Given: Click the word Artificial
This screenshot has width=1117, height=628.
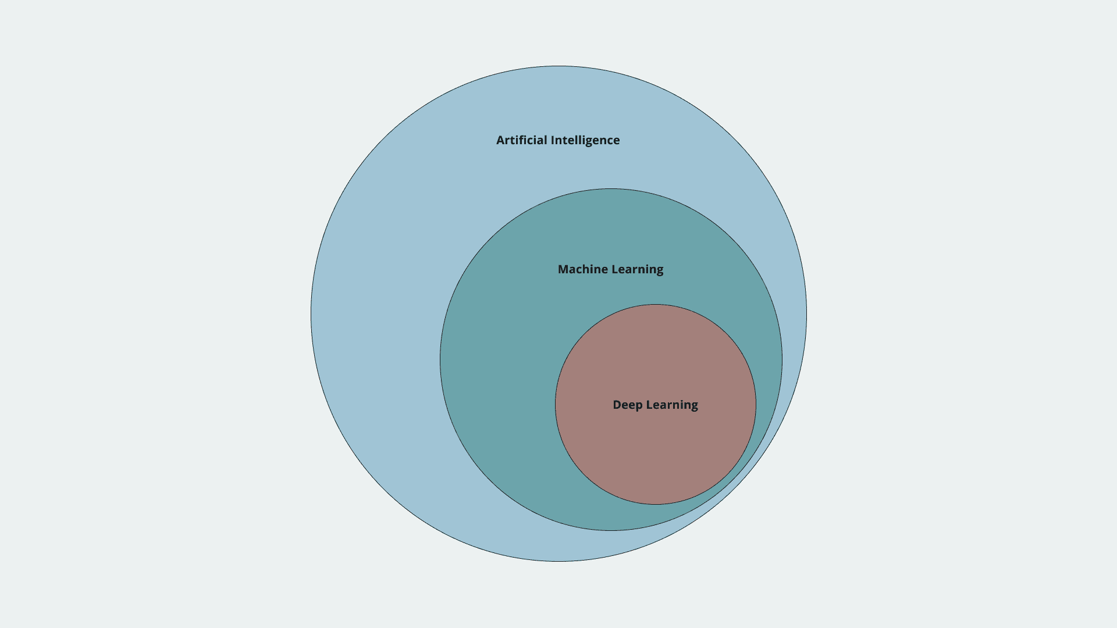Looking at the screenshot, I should click(522, 140).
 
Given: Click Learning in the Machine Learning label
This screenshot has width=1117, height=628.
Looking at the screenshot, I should click(638, 270).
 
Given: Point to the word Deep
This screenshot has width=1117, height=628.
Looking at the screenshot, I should click(627, 405).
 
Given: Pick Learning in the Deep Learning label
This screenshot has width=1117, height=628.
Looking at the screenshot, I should click(672, 405).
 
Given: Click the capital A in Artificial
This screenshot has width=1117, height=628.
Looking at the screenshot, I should click(501, 140).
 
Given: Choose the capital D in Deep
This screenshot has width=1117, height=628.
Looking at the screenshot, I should click(617, 405).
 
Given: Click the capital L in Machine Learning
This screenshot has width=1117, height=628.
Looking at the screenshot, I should click(615, 269).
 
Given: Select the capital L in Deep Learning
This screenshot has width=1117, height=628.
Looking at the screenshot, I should click(649, 405).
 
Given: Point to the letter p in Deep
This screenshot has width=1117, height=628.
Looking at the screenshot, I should click(639, 406).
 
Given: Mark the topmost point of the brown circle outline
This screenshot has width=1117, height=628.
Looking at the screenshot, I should click(656, 304).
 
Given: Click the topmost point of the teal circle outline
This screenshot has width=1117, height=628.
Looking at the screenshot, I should click(611, 188).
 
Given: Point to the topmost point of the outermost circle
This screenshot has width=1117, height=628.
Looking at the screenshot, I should click(558, 66).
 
